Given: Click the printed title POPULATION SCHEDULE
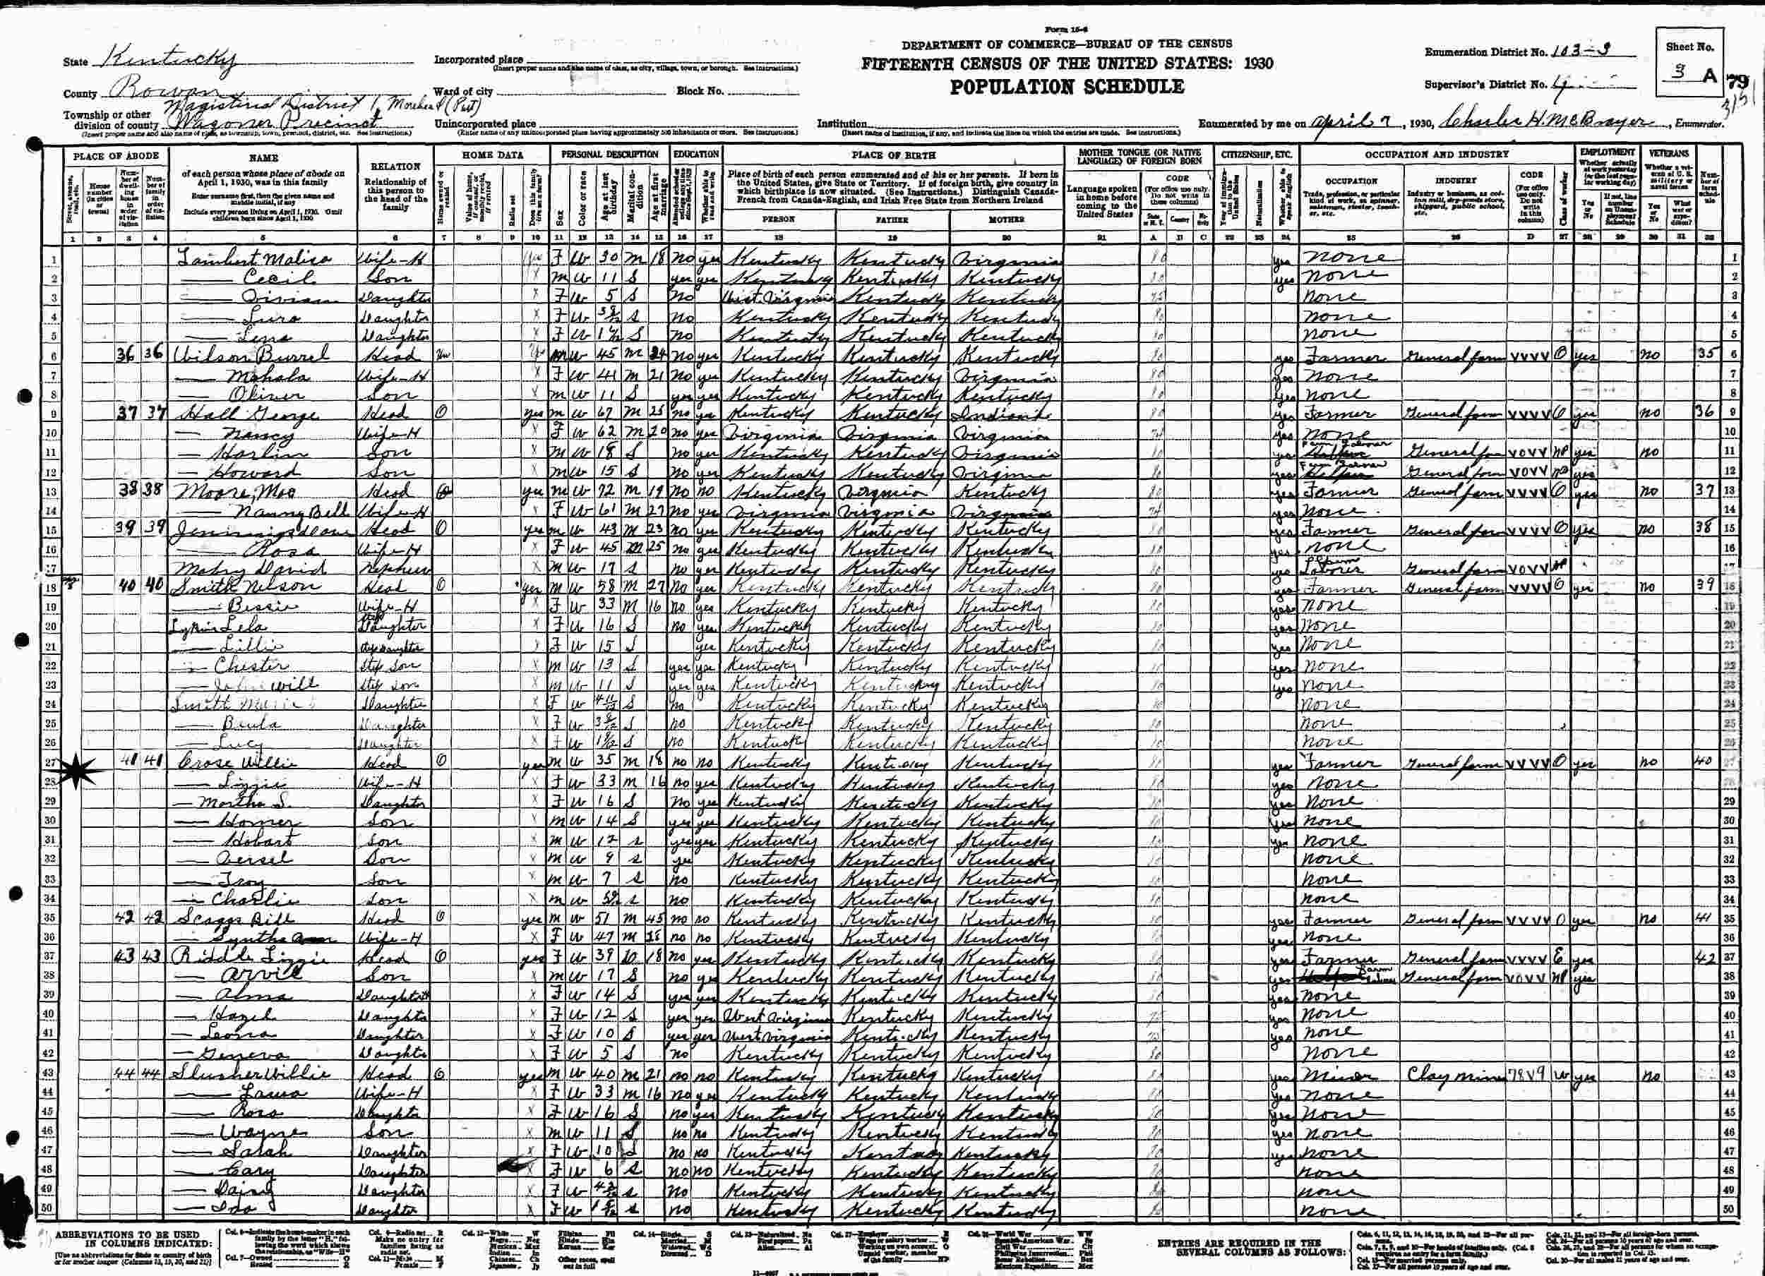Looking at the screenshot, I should pyautogui.click(x=1067, y=87).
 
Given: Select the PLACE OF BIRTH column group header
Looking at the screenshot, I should pyautogui.click(x=892, y=155).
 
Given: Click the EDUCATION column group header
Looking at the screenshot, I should pyautogui.click(x=695, y=155).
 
